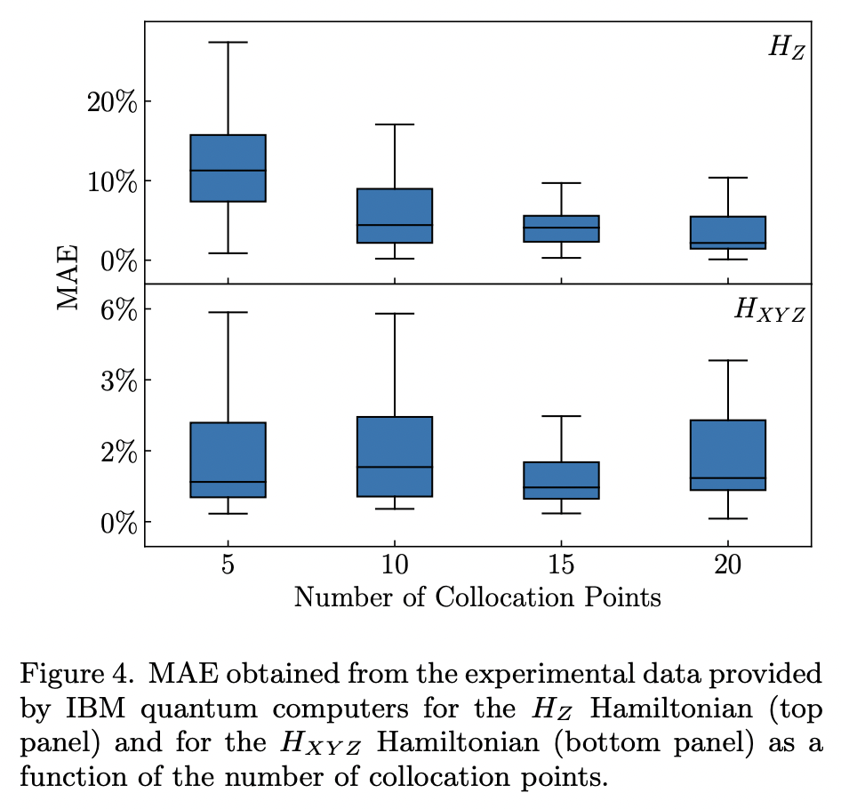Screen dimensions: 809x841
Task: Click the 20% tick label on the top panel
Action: coord(111,101)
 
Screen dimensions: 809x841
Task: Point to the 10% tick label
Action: coord(111,181)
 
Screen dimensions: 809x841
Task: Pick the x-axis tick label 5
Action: coord(228,565)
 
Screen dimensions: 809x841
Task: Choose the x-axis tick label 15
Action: coord(561,565)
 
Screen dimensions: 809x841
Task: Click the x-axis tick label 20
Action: coord(727,565)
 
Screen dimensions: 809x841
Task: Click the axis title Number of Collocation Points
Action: coord(477,597)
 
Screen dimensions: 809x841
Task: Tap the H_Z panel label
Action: coord(786,48)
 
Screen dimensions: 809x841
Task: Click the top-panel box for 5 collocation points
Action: coord(228,168)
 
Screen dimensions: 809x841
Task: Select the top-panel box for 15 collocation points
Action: coord(561,228)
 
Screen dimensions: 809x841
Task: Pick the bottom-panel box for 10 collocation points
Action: coord(395,456)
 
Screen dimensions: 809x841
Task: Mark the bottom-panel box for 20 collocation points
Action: coord(727,454)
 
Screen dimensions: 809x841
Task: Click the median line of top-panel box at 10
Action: coord(395,225)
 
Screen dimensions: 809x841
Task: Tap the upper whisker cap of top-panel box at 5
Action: coord(228,42)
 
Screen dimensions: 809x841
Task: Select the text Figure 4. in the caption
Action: coord(76,673)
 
